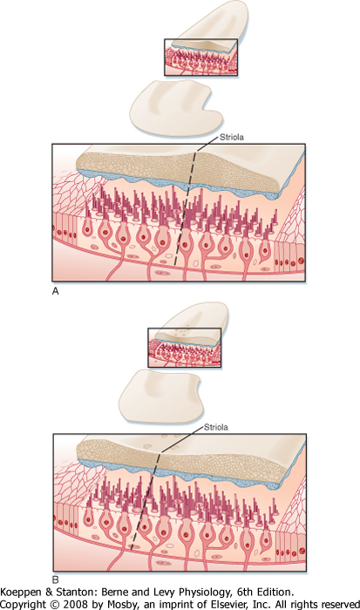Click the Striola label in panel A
point(232,138)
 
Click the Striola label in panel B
point(216,428)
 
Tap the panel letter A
point(55,291)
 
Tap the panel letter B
point(55,580)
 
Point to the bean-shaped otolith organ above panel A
point(176,110)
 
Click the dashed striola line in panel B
point(146,501)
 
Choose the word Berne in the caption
point(112,593)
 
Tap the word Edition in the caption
point(275,593)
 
